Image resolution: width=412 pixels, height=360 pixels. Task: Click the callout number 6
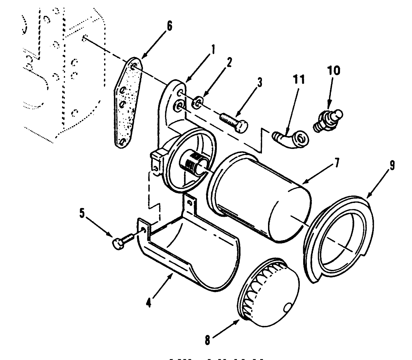[169, 26]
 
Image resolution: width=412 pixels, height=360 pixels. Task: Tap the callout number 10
[333, 71]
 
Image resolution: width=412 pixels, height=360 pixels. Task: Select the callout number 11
[299, 80]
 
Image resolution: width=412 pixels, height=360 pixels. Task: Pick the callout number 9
[392, 165]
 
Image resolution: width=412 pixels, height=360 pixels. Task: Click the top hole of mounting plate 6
[135, 66]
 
